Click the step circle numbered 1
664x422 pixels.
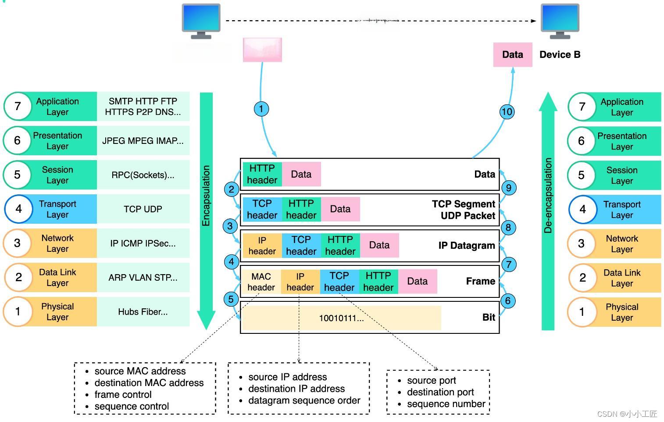(x=261, y=109)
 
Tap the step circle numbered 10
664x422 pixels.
(x=507, y=112)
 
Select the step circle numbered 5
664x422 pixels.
(x=231, y=300)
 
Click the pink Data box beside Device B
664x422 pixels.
(x=512, y=55)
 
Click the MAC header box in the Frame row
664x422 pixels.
(x=261, y=282)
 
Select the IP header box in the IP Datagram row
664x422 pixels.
(x=262, y=246)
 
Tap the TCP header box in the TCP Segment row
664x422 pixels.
(x=262, y=209)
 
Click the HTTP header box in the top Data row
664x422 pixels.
(x=262, y=174)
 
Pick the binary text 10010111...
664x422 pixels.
(x=341, y=318)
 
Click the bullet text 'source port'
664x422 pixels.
(x=431, y=380)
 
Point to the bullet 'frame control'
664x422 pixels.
(x=123, y=394)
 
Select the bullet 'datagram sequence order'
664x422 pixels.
(x=304, y=401)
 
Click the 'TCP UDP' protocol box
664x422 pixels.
(x=143, y=209)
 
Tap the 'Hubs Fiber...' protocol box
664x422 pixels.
(x=143, y=312)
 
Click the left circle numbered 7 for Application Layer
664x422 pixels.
(x=18, y=106)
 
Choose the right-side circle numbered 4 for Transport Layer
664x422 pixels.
(x=582, y=209)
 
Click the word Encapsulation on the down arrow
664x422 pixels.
(x=206, y=196)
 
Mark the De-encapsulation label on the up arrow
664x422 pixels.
(x=548, y=196)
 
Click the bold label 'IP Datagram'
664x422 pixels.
(x=466, y=246)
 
